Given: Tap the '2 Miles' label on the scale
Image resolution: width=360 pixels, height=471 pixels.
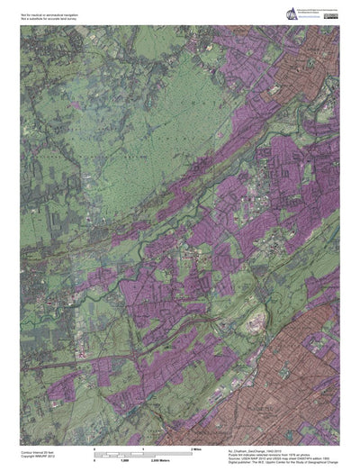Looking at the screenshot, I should pos(194,448).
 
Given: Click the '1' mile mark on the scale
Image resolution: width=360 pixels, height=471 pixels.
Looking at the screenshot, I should pos(144,448).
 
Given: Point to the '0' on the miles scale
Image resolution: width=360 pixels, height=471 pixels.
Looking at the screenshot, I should pos(94,448).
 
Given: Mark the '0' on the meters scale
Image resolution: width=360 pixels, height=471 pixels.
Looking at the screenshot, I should pos(94,459).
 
